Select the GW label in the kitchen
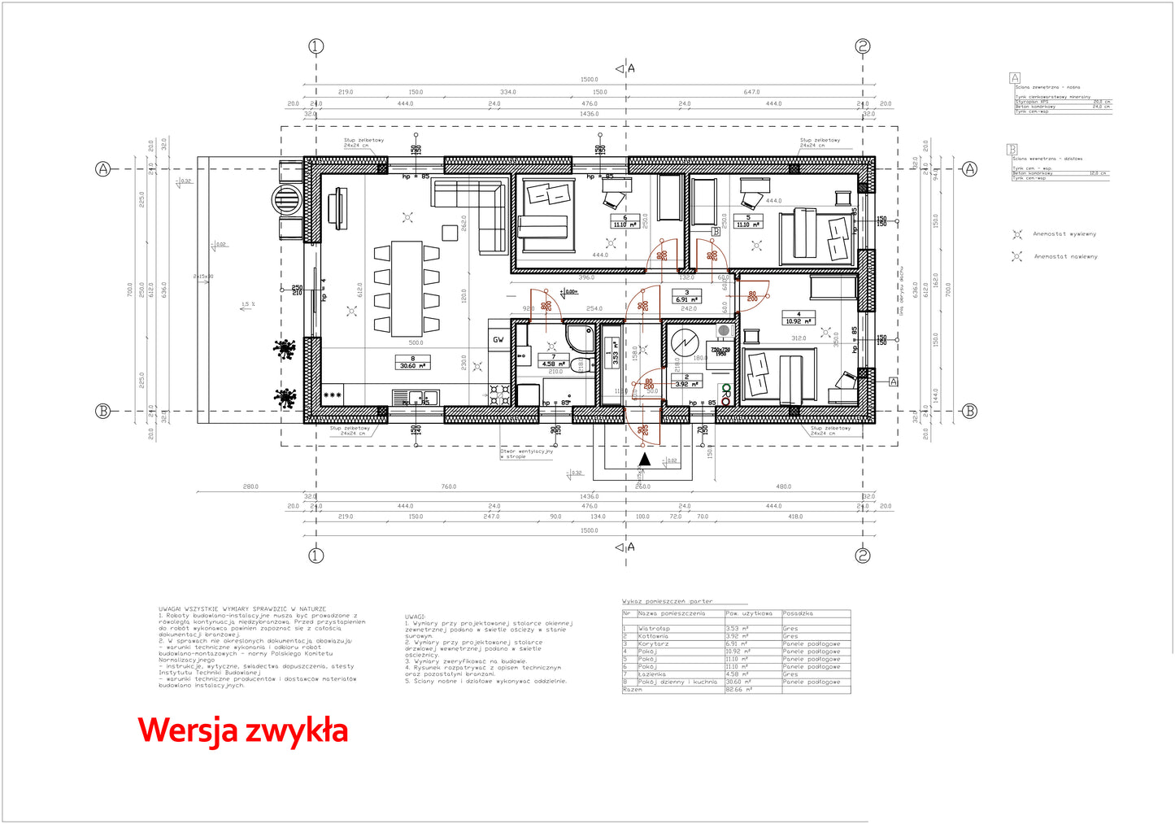pyautogui.click(x=498, y=339)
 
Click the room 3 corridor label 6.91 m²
pyautogui.click(x=687, y=299)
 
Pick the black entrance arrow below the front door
pyautogui.click(x=644, y=460)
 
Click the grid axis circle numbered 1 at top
pyautogui.click(x=316, y=46)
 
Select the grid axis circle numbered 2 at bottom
pyautogui.click(x=863, y=556)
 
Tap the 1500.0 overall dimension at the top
pyautogui.click(x=589, y=80)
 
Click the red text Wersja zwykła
pyautogui.click(x=242, y=730)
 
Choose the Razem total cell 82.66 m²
pyautogui.click(x=738, y=690)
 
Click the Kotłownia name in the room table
pyautogui.click(x=653, y=636)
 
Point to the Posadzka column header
pyautogui.click(x=798, y=613)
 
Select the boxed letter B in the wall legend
pyautogui.click(x=1012, y=149)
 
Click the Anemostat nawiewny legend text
pyautogui.click(x=1065, y=256)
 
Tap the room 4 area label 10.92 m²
pyautogui.click(x=798, y=321)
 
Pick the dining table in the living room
pyautogui.click(x=407, y=288)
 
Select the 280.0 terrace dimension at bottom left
pyautogui.click(x=250, y=486)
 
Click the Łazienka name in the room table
pyautogui.click(x=652, y=674)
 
